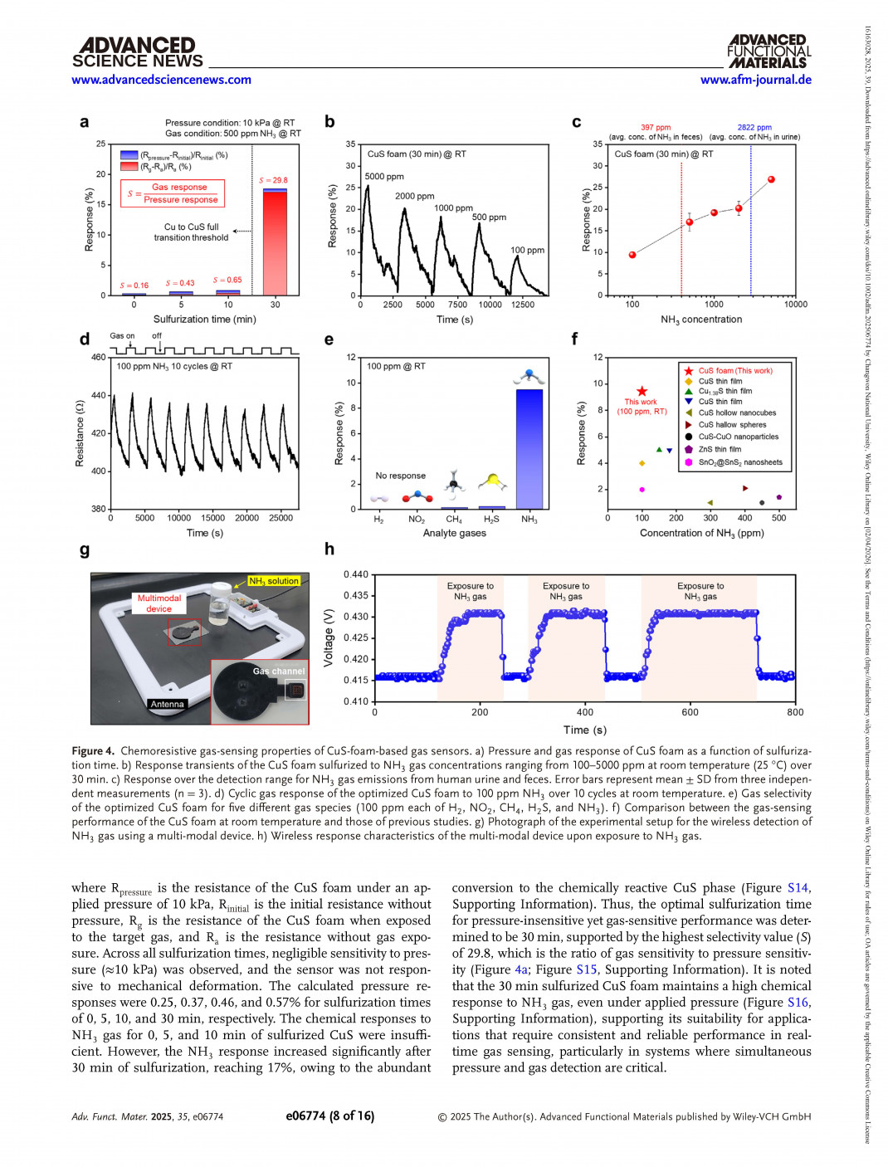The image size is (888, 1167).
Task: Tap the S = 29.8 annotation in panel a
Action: coord(273,180)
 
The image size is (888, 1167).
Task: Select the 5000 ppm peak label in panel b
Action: coord(384,177)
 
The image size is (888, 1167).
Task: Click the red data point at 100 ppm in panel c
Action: coord(632,255)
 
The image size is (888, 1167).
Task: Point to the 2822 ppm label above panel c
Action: coord(754,128)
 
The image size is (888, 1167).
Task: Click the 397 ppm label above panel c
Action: coord(656,128)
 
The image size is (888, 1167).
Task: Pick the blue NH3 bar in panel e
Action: coord(529,448)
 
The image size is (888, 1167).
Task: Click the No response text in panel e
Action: coord(400,476)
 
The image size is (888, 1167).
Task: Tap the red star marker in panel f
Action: coord(642,391)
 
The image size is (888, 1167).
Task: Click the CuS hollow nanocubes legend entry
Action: coord(737,413)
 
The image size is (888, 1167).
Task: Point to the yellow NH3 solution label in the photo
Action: coord(274,581)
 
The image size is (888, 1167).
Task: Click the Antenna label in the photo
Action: coord(167,704)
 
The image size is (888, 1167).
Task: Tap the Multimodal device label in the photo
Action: coord(159,603)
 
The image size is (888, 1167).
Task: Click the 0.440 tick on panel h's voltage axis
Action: coord(356,574)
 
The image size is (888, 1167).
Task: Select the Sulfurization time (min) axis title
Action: coord(204,320)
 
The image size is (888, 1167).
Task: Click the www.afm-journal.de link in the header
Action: coord(755,80)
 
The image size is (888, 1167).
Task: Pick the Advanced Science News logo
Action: coord(138,52)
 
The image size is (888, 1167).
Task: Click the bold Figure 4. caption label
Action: coord(93,751)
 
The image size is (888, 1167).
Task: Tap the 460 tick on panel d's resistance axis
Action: coord(98,358)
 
